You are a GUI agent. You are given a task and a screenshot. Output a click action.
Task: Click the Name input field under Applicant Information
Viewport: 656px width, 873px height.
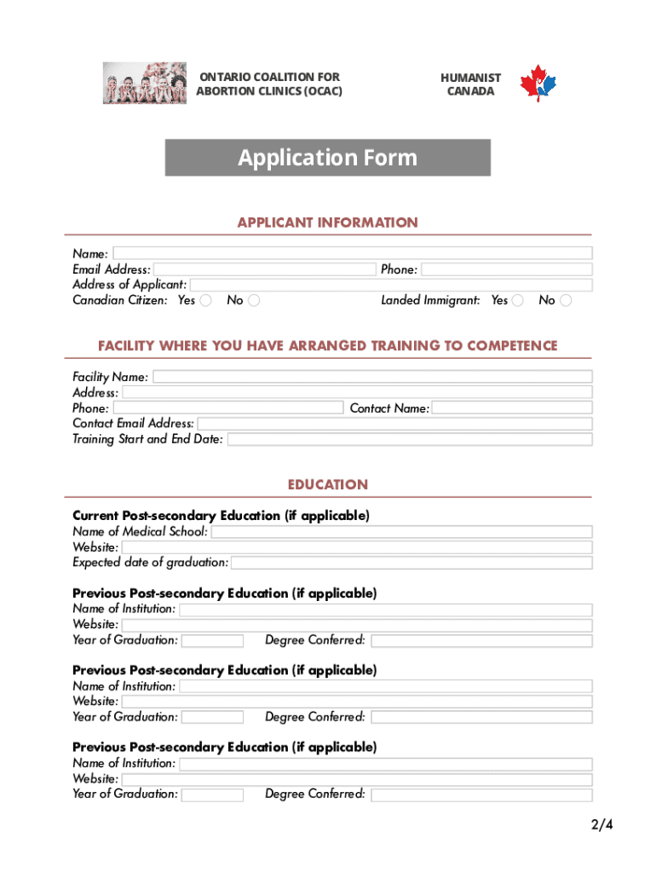coord(352,253)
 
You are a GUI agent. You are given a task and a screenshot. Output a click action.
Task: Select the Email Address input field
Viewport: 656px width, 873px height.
coord(264,269)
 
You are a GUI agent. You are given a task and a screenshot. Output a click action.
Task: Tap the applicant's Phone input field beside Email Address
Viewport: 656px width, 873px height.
coord(506,269)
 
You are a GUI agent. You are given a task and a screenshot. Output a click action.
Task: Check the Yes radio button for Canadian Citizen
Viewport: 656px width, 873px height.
coord(206,300)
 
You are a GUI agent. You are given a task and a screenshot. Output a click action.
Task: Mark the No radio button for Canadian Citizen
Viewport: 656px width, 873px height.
coord(254,300)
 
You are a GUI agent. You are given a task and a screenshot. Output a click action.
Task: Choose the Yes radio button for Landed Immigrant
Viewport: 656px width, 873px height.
coord(518,300)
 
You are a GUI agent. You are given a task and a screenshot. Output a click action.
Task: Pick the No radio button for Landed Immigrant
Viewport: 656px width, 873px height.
coord(566,300)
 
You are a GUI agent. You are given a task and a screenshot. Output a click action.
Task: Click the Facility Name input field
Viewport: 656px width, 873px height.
coord(371,377)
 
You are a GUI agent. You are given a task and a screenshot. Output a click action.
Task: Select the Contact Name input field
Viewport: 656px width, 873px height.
coord(511,408)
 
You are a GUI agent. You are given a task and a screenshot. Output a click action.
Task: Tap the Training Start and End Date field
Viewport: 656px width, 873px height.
coord(409,439)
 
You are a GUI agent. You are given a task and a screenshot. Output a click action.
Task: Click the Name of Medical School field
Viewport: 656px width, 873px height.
coord(401,532)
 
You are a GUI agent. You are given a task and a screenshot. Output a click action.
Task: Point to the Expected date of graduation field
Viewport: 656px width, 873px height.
coord(411,563)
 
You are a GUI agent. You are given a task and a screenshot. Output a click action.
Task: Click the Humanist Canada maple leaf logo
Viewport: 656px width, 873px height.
coord(538,84)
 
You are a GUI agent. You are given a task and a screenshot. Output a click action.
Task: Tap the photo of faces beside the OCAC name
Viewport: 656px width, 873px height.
coord(144,84)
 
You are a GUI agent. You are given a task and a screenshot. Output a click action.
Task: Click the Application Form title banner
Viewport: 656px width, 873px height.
coord(328,158)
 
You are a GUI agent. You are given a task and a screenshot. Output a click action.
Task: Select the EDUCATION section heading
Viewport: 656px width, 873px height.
coord(328,484)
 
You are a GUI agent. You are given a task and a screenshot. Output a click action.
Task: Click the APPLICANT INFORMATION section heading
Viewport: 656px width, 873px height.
coord(328,223)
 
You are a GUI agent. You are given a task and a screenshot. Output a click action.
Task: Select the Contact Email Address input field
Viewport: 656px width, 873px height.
coord(394,424)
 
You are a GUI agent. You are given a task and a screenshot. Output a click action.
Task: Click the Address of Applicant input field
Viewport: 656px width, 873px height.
coord(391,285)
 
